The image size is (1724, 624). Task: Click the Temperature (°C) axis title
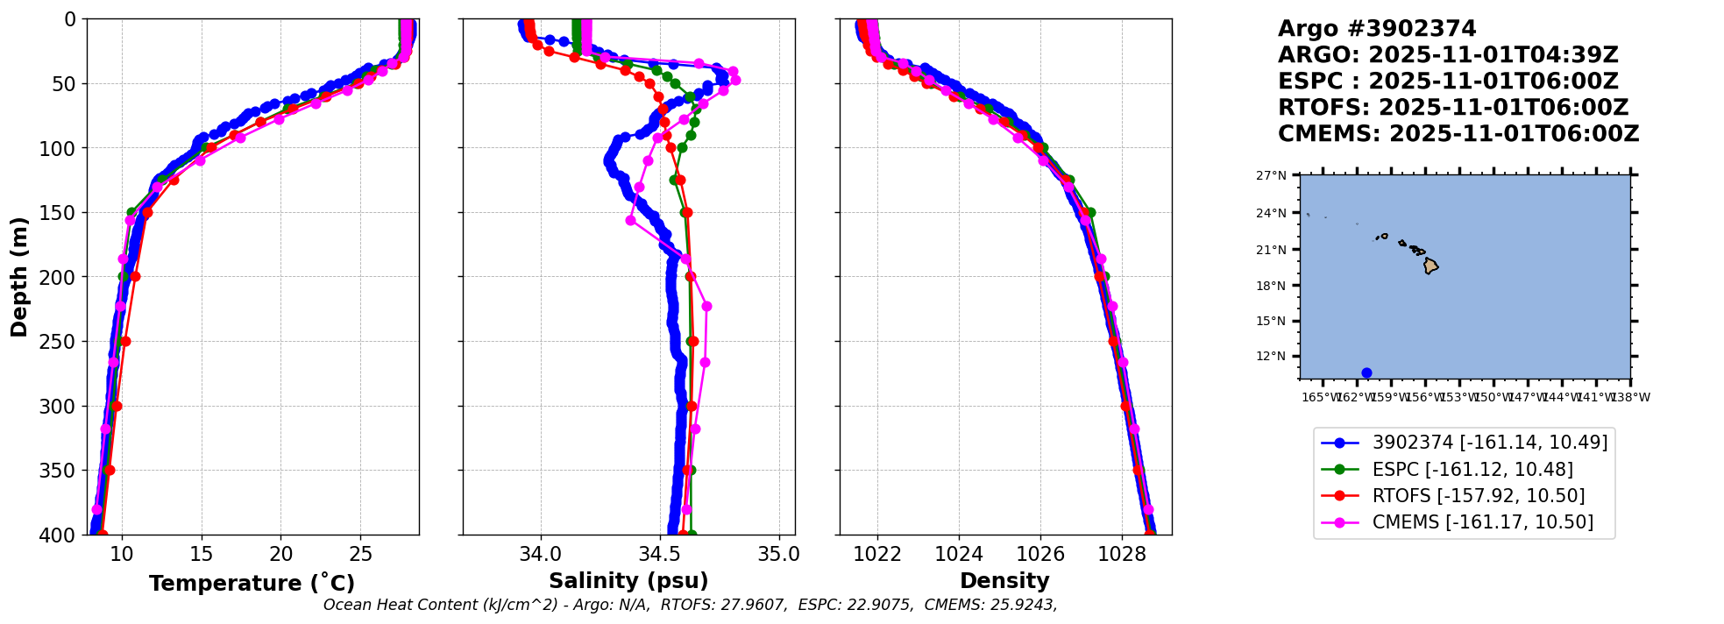coord(252,583)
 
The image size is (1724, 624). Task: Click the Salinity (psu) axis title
coord(628,581)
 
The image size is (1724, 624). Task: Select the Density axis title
coord(1004,581)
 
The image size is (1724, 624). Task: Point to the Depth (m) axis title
coord(19,276)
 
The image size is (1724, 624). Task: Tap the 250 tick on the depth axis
coord(63,342)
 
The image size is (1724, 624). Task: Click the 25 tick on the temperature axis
coord(361,554)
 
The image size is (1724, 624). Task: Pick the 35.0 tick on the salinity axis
coord(778,554)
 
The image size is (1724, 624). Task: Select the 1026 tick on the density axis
coord(1040,554)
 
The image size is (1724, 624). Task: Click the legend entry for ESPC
coord(1472,470)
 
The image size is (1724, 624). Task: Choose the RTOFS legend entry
coord(1478,496)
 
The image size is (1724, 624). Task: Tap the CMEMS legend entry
coord(1482,522)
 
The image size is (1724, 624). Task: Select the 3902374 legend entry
coord(1489,443)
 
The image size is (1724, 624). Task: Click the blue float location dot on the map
coord(1366,372)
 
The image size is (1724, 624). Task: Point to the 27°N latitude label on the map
coord(1271,176)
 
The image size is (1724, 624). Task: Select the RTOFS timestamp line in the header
coord(1452,108)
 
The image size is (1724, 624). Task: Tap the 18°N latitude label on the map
coord(1271,286)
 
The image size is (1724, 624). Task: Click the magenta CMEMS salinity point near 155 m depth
coord(630,220)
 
